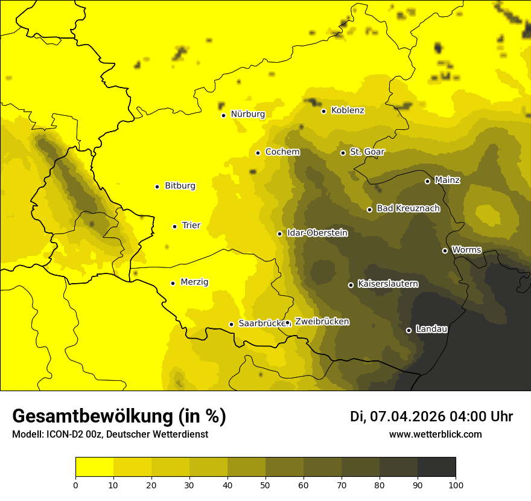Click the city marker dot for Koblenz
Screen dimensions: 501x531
click(323, 111)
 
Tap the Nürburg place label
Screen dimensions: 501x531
click(247, 114)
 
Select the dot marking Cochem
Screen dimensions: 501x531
click(258, 153)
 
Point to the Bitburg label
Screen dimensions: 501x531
click(180, 186)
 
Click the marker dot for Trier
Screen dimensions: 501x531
click(174, 226)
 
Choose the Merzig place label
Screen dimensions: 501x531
click(194, 282)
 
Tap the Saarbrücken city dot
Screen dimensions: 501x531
click(231, 324)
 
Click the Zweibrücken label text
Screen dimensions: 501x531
click(322, 322)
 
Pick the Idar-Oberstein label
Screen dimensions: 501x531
click(317, 232)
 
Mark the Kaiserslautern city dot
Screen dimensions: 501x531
click(351, 285)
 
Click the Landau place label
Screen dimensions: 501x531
click(431, 329)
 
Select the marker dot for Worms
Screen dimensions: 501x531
click(445, 250)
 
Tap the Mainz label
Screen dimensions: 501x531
click(447, 180)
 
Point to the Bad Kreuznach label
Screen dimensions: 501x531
click(408, 208)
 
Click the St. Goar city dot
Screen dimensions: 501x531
click(343, 153)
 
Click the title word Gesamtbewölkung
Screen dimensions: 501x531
click(91, 416)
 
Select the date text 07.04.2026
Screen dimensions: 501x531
click(407, 416)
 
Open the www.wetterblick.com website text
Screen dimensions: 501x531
click(435, 434)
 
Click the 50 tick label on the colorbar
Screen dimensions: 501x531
click(265, 484)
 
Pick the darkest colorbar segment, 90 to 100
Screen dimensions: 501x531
click(436, 467)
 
